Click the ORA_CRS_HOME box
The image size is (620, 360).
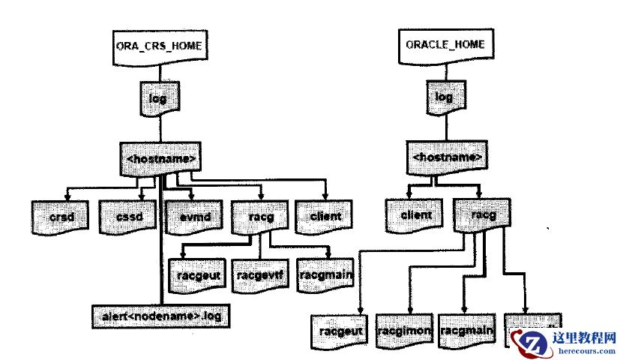158,46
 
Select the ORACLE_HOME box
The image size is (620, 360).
445,46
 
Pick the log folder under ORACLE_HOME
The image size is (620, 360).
444,98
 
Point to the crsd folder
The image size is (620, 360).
61,217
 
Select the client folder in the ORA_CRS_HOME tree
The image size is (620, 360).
325,217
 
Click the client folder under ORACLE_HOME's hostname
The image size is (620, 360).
416,216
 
